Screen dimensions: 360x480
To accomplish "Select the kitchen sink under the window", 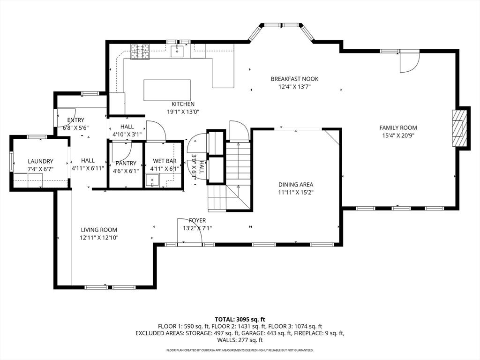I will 177,51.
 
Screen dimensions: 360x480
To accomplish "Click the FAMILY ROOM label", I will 398,127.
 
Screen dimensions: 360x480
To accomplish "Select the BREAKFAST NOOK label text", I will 294,79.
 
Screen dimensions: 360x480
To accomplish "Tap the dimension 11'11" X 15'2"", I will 295,192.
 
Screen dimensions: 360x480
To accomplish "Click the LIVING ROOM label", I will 99,230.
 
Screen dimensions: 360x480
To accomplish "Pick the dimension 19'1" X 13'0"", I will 183,112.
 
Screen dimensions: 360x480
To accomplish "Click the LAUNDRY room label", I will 40,161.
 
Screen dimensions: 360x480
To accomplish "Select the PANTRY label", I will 125,163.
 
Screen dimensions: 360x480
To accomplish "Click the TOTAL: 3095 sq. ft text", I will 240,319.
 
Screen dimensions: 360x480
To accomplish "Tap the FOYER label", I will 197,220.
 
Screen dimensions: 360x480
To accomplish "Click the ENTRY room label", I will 76,120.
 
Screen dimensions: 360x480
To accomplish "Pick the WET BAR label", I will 164,161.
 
